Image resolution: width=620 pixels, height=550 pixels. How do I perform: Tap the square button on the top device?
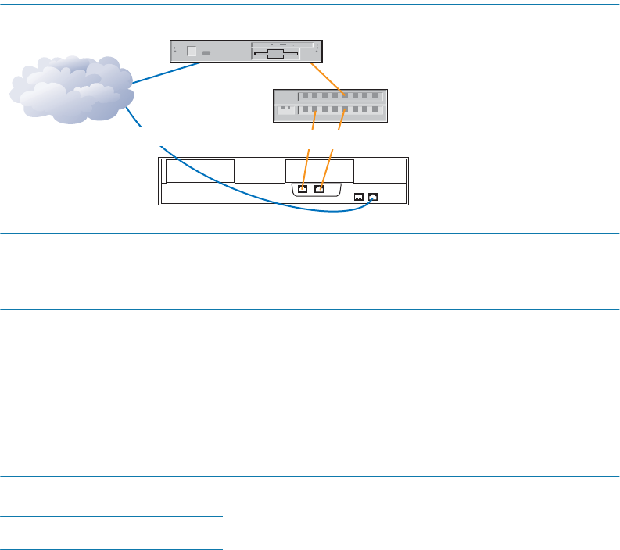pyautogui.click(x=192, y=52)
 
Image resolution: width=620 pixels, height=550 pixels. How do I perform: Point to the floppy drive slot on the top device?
pyautogui.click(x=274, y=55)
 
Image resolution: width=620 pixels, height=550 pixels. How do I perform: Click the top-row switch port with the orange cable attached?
pyautogui.click(x=346, y=95)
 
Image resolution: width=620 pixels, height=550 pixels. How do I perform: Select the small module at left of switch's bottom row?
pyautogui.click(x=286, y=110)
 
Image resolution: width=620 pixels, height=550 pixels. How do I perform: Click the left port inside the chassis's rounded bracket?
pyautogui.click(x=303, y=188)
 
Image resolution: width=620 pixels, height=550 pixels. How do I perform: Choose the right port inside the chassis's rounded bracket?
pyautogui.click(x=319, y=188)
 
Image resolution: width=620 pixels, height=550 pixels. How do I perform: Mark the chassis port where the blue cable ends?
pyautogui.click(x=373, y=197)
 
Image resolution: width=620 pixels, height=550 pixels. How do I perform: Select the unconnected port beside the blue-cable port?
pyautogui.click(x=358, y=197)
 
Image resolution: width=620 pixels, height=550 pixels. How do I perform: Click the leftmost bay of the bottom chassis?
pyautogui.click(x=200, y=170)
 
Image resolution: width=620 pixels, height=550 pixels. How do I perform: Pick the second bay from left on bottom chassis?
pyautogui.click(x=260, y=170)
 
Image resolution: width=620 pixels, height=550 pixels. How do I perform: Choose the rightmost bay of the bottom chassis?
pyautogui.click(x=380, y=170)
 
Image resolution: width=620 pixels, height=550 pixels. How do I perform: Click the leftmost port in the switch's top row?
pyautogui.click(x=306, y=95)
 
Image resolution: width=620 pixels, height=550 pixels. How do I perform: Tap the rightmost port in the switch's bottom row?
pyautogui.click(x=376, y=110)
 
